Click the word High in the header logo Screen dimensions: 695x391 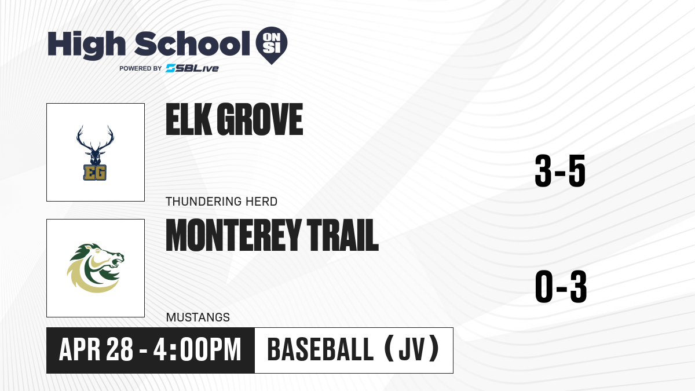coord(87,45)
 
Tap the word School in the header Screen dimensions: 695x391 coord(192,43)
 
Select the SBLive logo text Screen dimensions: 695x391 coord(192,68)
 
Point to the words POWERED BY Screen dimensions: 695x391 coord(140,68)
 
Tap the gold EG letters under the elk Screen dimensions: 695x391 coord(95,173)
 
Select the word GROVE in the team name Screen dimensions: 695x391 coord(259,119)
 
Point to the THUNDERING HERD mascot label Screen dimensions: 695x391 coord(221,202)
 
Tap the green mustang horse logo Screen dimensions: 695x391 coord(96,268)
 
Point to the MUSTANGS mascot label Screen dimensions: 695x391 coord(198,317)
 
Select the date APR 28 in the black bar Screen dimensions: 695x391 coord(96,349)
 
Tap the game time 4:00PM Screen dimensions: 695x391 coord(197,349)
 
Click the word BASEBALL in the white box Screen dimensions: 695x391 coord(320,349)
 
